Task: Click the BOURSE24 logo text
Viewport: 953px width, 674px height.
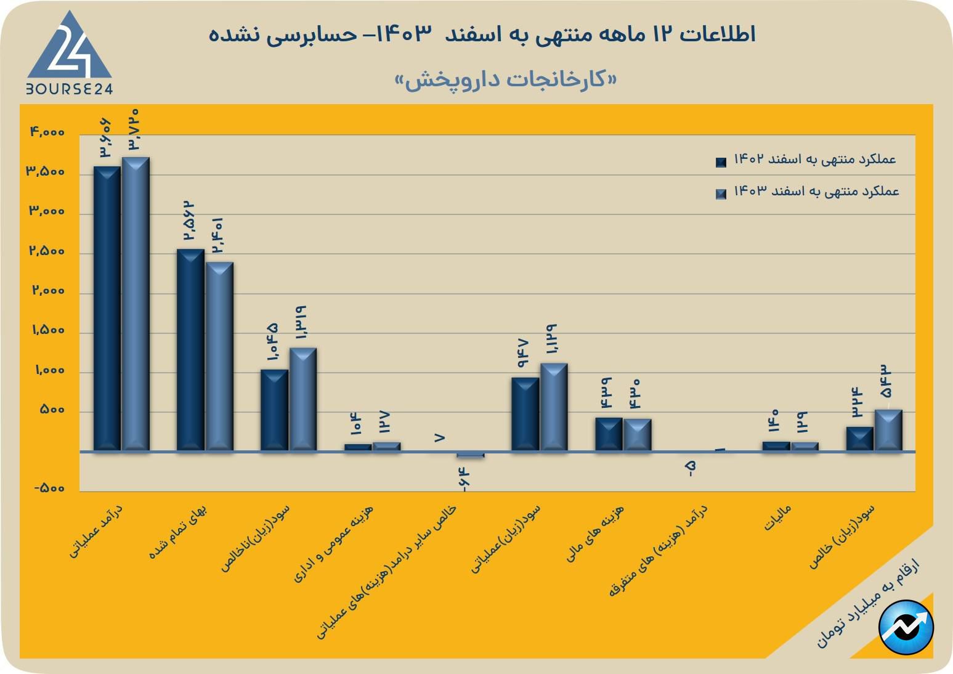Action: (69, 89)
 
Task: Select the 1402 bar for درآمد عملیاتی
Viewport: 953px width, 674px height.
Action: (107, 308)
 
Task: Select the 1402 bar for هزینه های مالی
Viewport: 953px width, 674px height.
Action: (609, 434)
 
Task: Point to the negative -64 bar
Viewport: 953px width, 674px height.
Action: (471, 455)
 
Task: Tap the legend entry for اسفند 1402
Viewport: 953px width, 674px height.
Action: (807, 160)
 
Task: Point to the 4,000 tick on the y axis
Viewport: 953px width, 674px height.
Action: (47, 132)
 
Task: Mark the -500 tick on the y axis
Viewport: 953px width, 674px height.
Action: (49, 489)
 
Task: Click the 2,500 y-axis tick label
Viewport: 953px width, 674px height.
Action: (47, 251)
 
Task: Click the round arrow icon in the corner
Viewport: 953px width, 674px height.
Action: (906, 627)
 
